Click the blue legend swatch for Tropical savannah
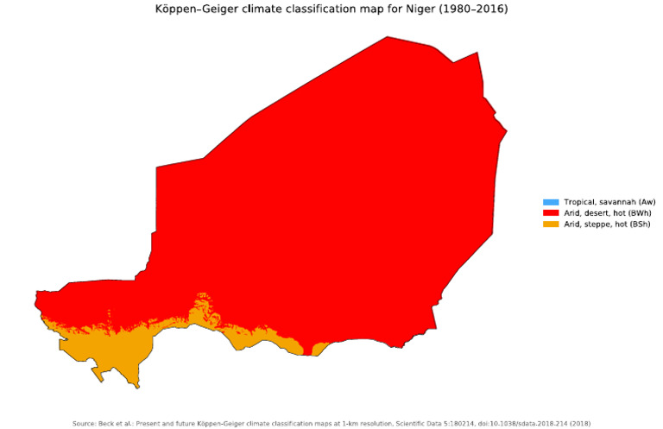click(550, 202)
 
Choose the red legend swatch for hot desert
click(550, 212)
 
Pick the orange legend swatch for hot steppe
click(550, 224)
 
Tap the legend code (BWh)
click(638, 212)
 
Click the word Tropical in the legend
click(578, 202)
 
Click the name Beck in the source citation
click(110, 423)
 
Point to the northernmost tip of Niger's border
click(387, 37)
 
